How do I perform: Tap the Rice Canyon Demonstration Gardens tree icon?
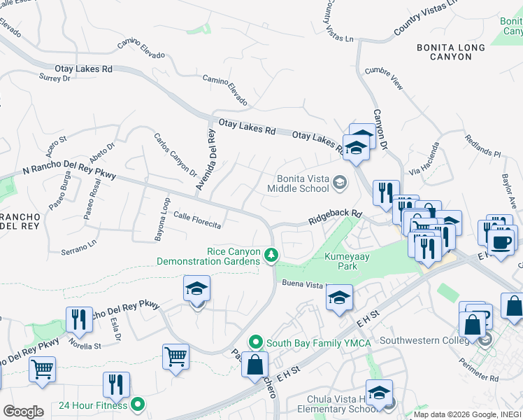(x=271, y=256)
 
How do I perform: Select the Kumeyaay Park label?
(x=341, y=261)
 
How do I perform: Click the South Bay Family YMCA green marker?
(x=256, y=343)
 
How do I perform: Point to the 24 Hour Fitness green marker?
(x=138, y=405)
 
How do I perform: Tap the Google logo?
(x=23, y=412)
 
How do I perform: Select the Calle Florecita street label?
(x=198, y=220)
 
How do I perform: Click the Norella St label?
(x=85, y=344)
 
